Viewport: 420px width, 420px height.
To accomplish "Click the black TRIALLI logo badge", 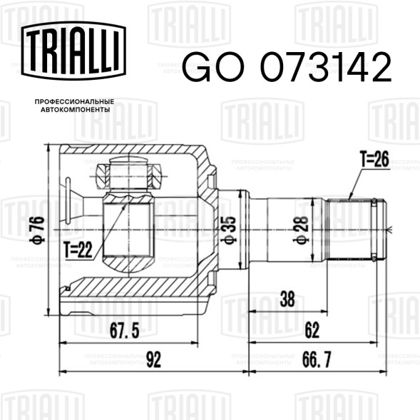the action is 73,51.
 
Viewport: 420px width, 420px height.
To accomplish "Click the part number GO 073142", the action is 287,67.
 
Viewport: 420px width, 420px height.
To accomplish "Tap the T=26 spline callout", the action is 374,159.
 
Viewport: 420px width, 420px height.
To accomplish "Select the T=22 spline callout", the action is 78,250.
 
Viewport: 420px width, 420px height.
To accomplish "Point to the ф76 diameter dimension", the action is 37,230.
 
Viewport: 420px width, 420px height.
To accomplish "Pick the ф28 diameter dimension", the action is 301,230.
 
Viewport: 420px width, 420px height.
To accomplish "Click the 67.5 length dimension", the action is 124,331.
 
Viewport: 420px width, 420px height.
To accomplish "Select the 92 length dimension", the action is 153,359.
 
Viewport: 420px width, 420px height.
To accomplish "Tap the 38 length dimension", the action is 287,299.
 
